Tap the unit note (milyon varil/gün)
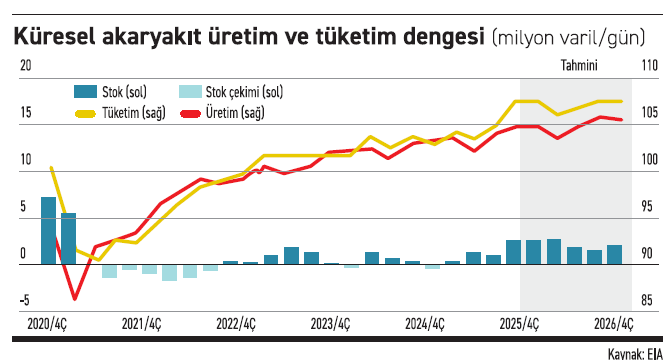point(564,39)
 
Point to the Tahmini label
point(579,66)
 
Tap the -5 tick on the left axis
point(25,301)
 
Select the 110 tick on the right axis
point(647,66)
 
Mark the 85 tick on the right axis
point(647,301)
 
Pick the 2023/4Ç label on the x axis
point(329,323)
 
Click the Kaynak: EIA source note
point(635,352)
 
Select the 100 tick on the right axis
point(647,160)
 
